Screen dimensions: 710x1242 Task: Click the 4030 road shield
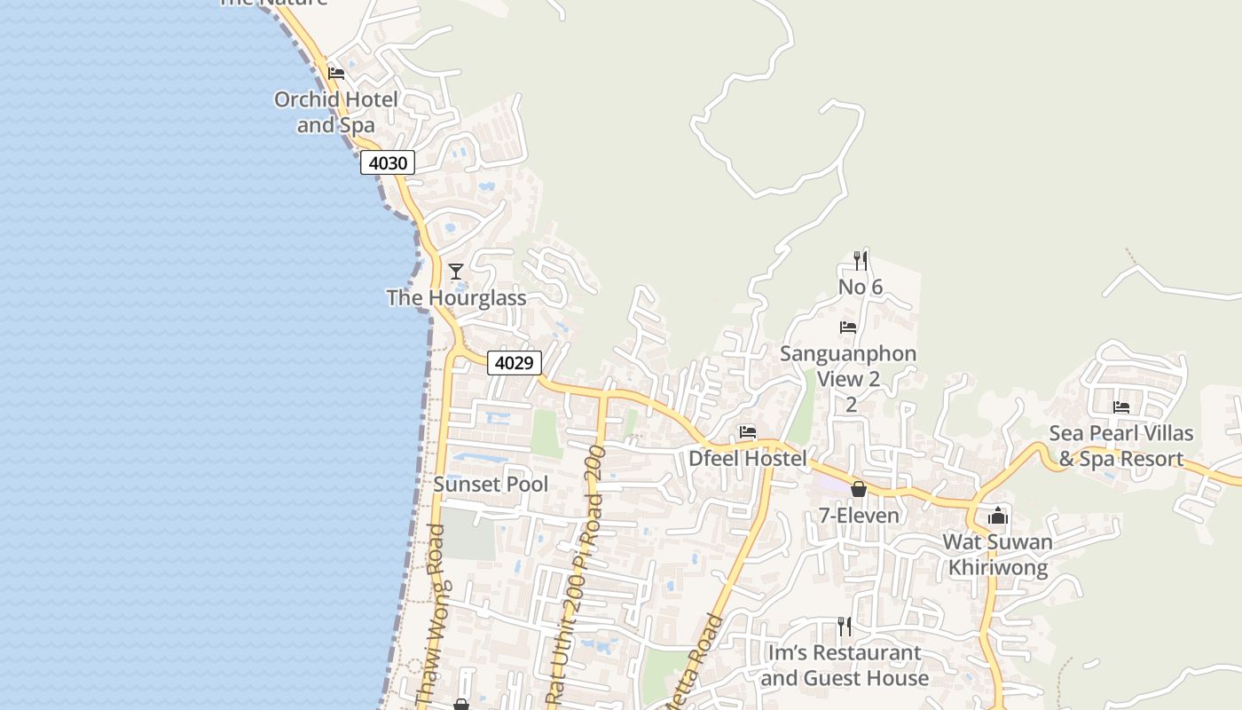388,163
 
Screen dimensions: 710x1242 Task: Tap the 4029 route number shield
514,363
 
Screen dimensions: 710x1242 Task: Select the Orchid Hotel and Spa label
336,112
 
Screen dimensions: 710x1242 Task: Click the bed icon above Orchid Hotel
336,74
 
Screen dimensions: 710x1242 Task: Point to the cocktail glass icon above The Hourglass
456,271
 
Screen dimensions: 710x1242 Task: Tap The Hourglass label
456,298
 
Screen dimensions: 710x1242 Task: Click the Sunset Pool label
491,485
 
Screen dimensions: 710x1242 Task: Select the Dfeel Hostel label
748,459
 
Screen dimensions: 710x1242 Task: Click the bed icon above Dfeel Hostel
748,433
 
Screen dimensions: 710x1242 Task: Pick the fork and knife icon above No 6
860,260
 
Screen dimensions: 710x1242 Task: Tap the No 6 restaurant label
860,287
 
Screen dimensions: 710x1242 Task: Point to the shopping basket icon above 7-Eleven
858,489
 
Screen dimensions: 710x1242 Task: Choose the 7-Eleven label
858,516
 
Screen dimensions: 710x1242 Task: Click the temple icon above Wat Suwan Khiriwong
998,516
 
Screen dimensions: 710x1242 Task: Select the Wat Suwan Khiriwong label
998,555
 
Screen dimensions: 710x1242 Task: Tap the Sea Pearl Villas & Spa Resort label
1121,446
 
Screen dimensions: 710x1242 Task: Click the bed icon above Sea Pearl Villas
1121,407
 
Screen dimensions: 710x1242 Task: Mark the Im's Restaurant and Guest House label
845,666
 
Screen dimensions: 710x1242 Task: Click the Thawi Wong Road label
436,612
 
